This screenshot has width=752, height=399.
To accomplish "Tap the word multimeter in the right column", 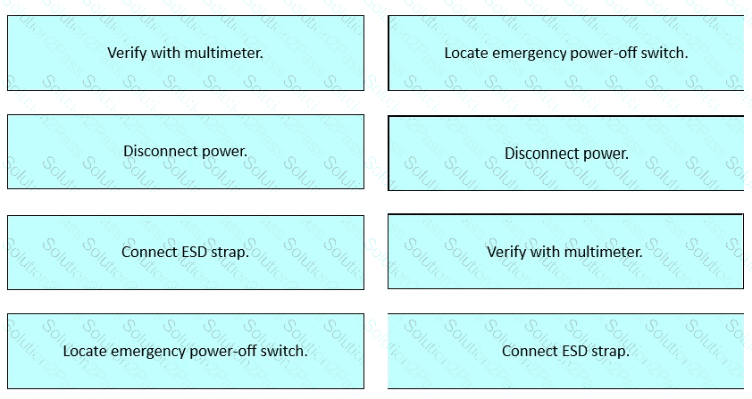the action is (605, 252).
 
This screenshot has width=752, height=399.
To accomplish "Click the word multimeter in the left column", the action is (225, 53).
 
